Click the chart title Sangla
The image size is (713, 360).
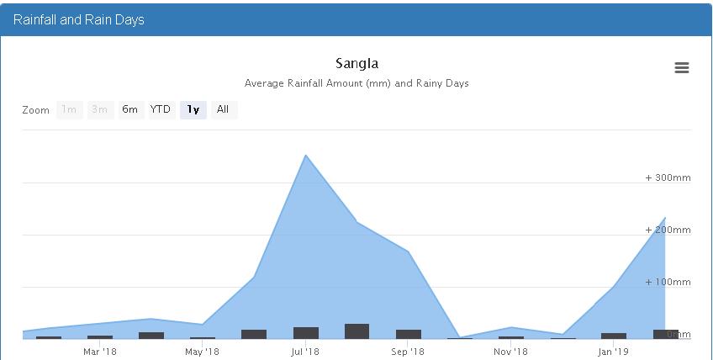(x=356, y=63)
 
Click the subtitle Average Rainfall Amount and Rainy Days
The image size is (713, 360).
(x=356, y=83)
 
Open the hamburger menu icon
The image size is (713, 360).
(x=682, y=68)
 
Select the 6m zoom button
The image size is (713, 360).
(x=129, y=109)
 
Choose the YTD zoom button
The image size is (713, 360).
(x=161, y=109)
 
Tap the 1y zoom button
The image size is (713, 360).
(x=193, y=109)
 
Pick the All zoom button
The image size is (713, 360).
(x=223, y=109)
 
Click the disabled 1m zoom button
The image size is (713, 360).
(x=69, y=109)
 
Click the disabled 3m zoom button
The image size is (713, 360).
(x=99, y=109)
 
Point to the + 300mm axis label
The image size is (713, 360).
(x=668, y=177)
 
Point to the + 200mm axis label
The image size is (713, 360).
(x=668, y=230)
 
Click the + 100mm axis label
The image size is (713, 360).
(x=668, y=282)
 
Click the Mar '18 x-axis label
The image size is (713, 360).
(x=100, y=351)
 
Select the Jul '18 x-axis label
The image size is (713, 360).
(x=305, y=351)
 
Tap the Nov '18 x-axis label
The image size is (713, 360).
(x=510, y=351)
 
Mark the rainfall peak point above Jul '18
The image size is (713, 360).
(x=306, y=156)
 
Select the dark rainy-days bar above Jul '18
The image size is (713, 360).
(x=306, y=333)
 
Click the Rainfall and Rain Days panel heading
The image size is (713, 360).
(x=79, y=19)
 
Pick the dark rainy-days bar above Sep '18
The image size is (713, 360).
(x=409, y=334)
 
